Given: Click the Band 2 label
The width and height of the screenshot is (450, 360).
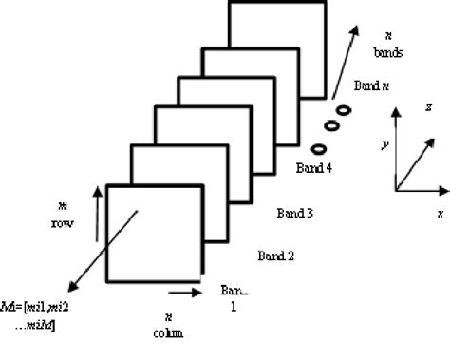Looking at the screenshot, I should click(277, 256).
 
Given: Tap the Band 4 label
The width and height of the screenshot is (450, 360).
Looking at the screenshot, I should click(316, 171).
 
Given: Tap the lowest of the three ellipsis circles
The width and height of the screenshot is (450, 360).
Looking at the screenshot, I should click(319, 147).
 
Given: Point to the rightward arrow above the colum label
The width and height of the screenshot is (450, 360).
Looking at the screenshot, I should click(186, 284).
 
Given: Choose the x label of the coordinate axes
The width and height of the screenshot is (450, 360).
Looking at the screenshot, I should click(440, 214).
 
